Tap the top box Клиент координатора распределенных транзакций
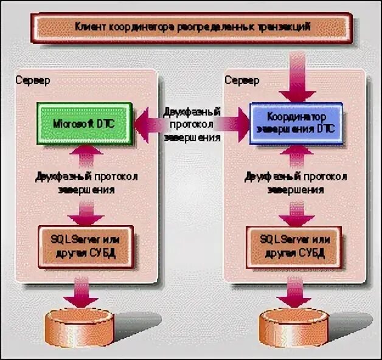pyautogui.click(x=192, y=27)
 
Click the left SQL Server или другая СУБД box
pyautogui.click(x=86, y=246)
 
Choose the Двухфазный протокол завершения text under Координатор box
pyautogui.click(x=296, y=182)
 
